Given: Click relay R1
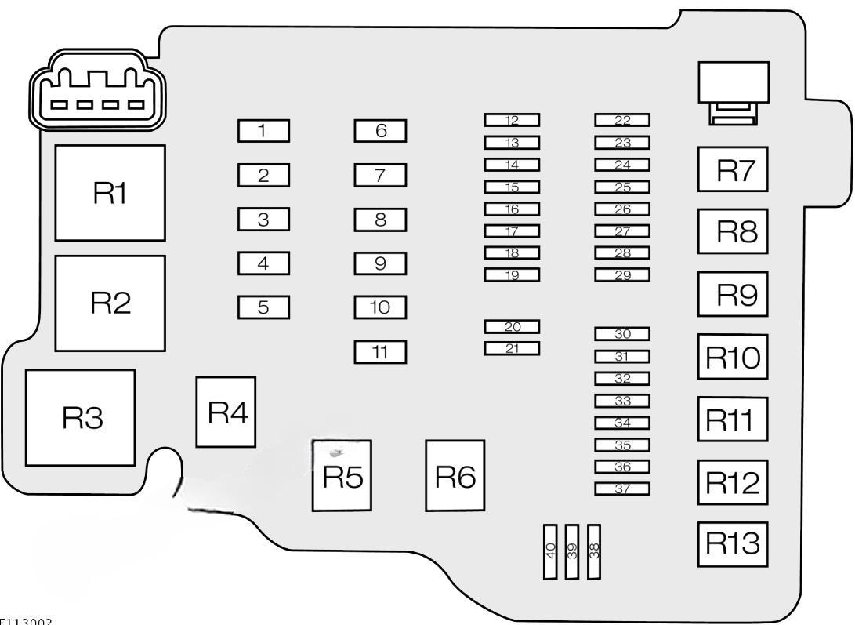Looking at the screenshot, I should click(x=110, y=192).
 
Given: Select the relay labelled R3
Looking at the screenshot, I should click(x=80, y=417).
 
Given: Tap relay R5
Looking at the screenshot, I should click(x=342, y=475).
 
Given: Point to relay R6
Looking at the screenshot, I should click(x=455, y=475).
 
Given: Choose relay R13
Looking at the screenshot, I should click(x=733, y=543).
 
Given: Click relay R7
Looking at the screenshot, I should click(x=733, y=169).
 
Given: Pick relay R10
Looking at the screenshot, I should click(x=733, y=357).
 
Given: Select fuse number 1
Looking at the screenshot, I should click(x=263, y=130).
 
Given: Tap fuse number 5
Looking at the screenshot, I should click(x=263, y=307).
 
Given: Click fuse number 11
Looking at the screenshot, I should click(x=380, y=352).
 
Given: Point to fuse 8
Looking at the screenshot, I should click(x=380, y=220).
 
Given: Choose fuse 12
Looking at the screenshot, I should click(x=513, y=120).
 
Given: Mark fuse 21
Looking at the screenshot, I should click(x=513, y=348).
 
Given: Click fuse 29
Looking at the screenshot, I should click(x=623, y=274).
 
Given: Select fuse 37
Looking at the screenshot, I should click(x=623, y=489).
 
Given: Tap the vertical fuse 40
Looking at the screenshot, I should click(x=551, y=551).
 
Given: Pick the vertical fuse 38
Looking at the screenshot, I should click(x=594, y=551).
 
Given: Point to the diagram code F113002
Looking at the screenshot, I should click(x=26, y=620).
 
